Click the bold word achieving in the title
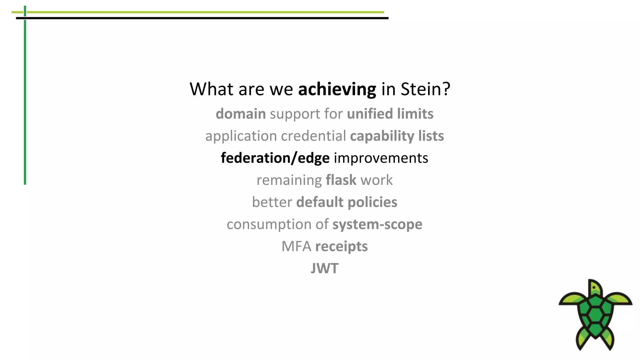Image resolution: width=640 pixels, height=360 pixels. pyautogui.click(x=337, y=89)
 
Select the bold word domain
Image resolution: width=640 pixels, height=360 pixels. pyautogui.click(x=241, y=114)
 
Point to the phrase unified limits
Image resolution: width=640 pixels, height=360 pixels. pyautogui.click(x=390, y=114)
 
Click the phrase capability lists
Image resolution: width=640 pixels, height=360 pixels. pyautogui.click(x=397, y=136)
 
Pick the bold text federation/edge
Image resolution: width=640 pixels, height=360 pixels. pyautogui.click(x=275, y=158)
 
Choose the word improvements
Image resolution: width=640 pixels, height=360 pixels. pyautogui.click(x=381, y=158)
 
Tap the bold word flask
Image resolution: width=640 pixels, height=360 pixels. pyautogui.click(x=341, y=180)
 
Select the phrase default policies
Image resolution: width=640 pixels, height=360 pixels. pyautogui.click(x=347, y=202)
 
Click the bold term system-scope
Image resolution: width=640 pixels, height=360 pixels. pyautogui.click(x=377, y=224)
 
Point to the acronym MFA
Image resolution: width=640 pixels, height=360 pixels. pyautogui.click(x=296, y=247)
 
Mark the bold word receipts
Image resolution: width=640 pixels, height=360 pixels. pyautogui.click(x=341, y=247)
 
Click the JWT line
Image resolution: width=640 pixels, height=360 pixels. pyautogui.click(x=324, y=268)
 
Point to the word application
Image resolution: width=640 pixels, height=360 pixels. pyautogui.click(x=241, y=136)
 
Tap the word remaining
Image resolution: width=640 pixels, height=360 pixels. pyautogui.click(x=289, y=180)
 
